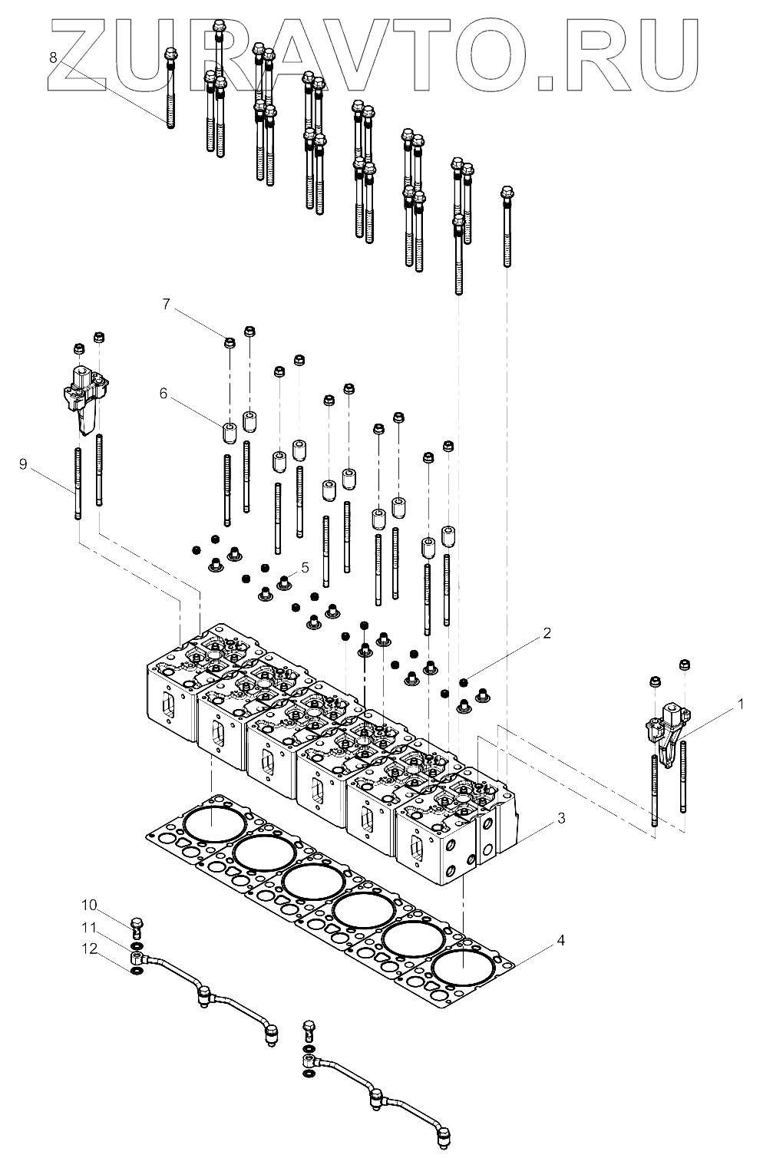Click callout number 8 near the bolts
pyautogui.click(x=53, y=57)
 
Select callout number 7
pyautogui.click(x=166, y=304)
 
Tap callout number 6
pyautogui.click(x=163, y=393)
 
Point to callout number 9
pyautogui.click(x=23, y=464)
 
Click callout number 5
pyautogui.click(x=305, y=567)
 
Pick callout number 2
pyautogui.click(x=547, y=633)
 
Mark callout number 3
pyautogui.click(x=561, y=818)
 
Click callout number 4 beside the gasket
pyautogui.click(x=561, y=940)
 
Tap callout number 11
pyautogui.click(x=90, y=927)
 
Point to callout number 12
pyautogui.click(x=90, y=949)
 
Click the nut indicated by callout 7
pyautogui.click(x=229, y=342)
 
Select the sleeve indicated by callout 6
pyautogui.click(x=229, y=432)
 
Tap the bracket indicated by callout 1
pyautogui.click(x=665, y=729)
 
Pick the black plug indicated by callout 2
pyautogui.click(x=464, y=681)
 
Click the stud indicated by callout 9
pyautogui.click(x=78, y=483)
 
